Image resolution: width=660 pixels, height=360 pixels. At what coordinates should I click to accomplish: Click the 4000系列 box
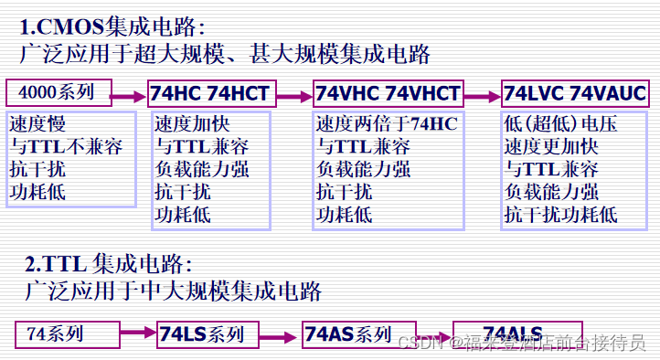pyautogui.click(x=59, y=92)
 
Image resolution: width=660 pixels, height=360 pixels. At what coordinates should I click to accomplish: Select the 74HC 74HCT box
pyautogui.click(x=211, y=94)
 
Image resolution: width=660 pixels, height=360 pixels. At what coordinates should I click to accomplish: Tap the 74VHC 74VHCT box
pyautogui.click(x=389, y=94)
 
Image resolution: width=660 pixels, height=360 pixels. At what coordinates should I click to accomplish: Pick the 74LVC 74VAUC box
pyautogui.click(x=575, y=94)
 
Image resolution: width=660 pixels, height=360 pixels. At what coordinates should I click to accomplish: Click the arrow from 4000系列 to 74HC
pyautogui.click(x=129, y=93)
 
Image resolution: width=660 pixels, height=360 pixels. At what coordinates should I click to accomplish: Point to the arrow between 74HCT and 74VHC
pyautogui.click(x=293, y=94)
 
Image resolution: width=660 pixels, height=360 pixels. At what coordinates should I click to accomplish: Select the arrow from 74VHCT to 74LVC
pyautogui.click(x=483, y=94)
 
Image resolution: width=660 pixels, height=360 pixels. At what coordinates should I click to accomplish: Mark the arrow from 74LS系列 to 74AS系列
pyautogui.click(x=279, y=334)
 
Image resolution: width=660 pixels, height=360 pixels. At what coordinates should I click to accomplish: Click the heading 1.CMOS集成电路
pyautogui.click(x=119, y=26)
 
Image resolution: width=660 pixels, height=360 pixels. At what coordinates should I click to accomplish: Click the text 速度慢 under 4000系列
pyautogui.click(x=37, y=123)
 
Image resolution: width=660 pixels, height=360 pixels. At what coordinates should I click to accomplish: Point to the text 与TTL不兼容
pyautogui.click(x=66, y=146)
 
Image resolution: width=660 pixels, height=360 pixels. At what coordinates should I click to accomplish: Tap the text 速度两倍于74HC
pyautogui.click(x=387, y=123)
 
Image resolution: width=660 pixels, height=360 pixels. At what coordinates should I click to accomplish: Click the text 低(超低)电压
pyautogui.click(x=555, y=123)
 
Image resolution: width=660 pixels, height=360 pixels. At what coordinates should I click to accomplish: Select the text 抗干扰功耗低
pyautogui.click(x=560, y=215)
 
